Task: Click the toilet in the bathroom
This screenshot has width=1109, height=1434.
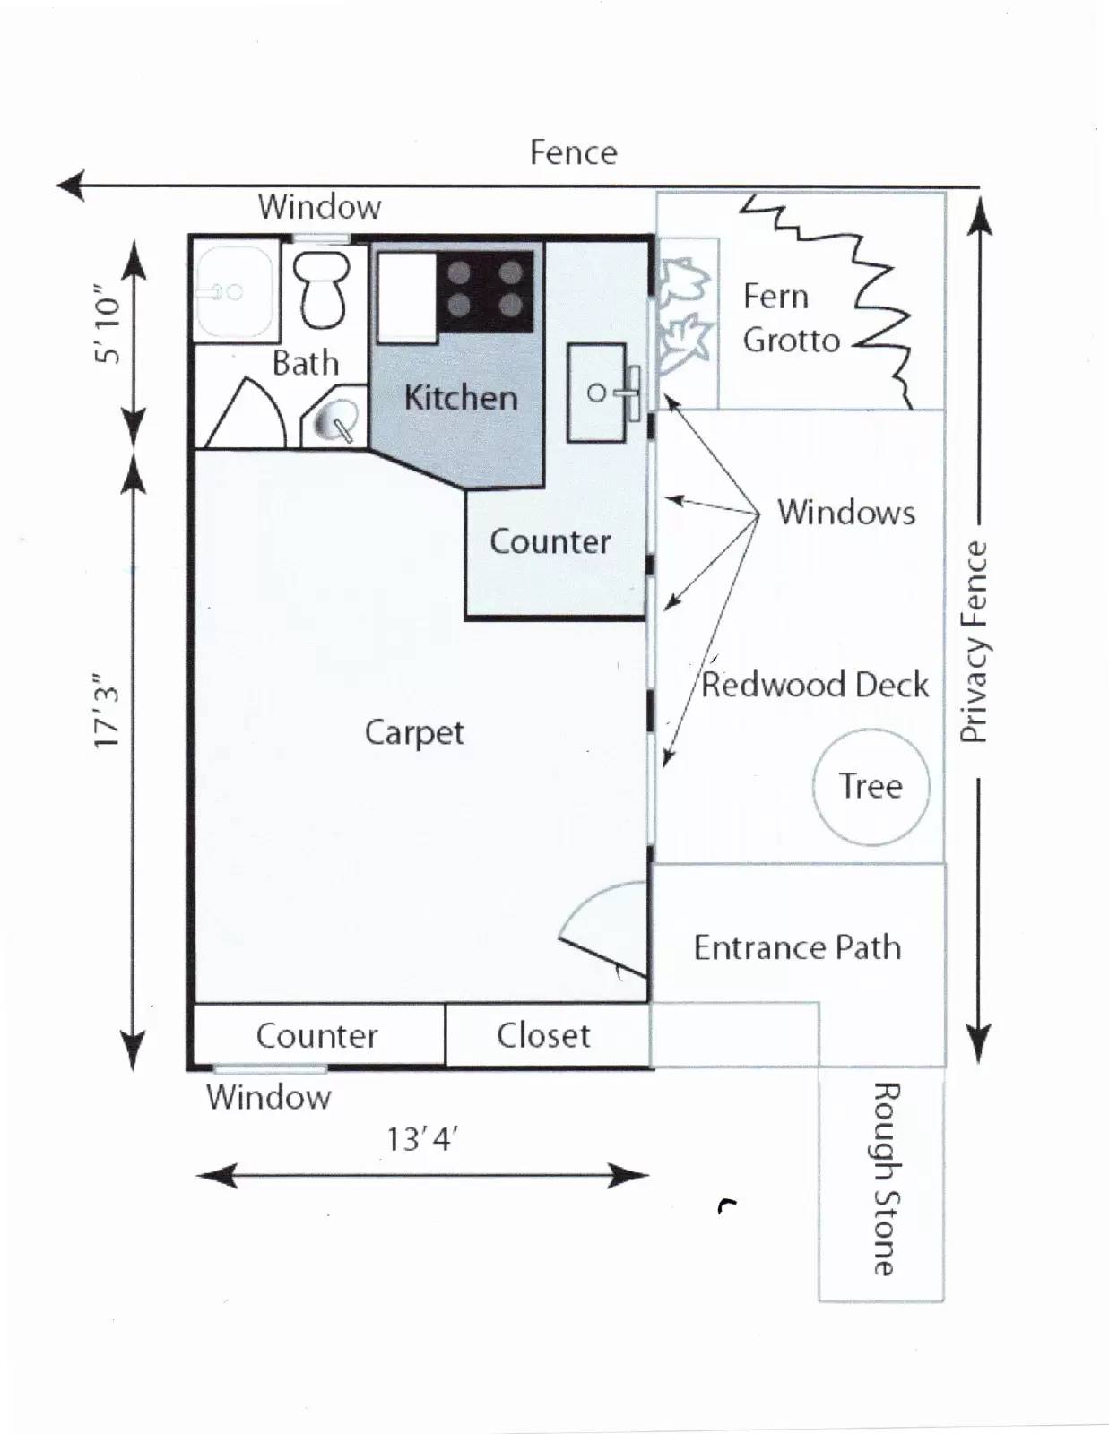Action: pyautogui.click(x=323, y=289)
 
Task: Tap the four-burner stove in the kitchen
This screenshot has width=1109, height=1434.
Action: pyautogui.click(x=485, y=290)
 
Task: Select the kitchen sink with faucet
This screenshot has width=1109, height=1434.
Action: pyautogui.click(x=598, y=393)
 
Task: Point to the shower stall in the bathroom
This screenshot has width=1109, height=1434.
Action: pyautogui.click(x=234, y=292)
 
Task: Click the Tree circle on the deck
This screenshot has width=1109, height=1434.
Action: pyautogui.click(x=871, y=786)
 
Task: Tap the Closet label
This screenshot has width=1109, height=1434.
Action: pyautogui.click(x=543, y=1035)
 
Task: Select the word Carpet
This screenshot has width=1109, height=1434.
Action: pyautogui.click(x=413, y=732)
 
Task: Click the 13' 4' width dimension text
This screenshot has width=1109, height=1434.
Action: pyautogui.click(x=421, y=1139)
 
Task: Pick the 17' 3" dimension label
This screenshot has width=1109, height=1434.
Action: pyautogui.click(x=107, y=711)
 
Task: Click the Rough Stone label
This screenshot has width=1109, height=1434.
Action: pyautogui.click(x=885, y=1178)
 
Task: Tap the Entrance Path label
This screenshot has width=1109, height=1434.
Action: pyautogui.click(x=797, y=947)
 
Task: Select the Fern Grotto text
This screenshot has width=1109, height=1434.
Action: pyautogui.click(x=790, y=318)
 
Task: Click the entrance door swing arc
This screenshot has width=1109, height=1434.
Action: pyautogui.click(x=602, y=928)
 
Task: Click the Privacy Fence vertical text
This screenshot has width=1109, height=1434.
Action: pyautogui.click(x=974, y=642)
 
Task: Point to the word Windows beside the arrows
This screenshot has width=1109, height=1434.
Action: pyautogui.click(x=845, y=513)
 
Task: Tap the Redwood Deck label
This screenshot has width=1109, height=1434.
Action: pyautogui.click(x=814, y=685)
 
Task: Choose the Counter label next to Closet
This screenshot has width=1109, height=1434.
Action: pyautogui.click(x=316, y=1035)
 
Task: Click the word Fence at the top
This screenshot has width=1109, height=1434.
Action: pyautogui.click(x=573, y=152)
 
